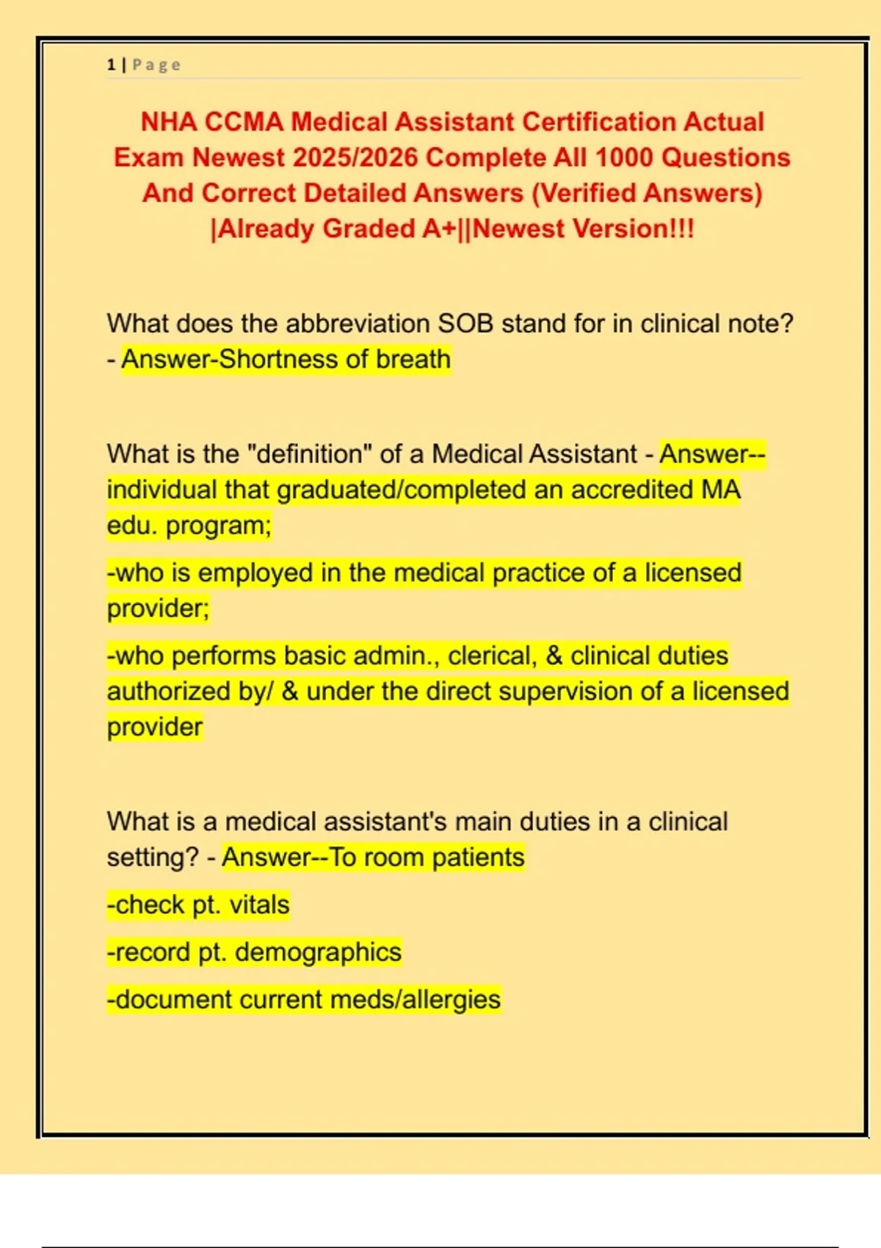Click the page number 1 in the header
(111, 65)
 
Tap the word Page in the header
(156, 65)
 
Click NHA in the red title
(168, 121)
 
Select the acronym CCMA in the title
(244, 121)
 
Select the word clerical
(493, 656)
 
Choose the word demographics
(318, 951)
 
